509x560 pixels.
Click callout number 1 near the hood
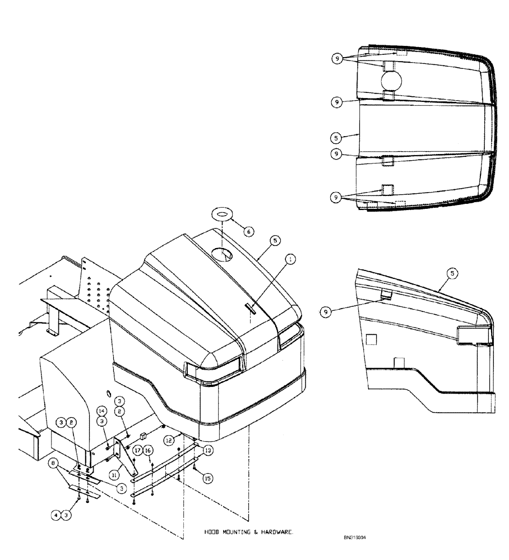[290, 259]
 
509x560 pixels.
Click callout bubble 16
[148, 450]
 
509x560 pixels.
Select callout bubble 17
[137, 450]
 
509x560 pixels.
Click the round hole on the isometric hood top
[225, 255]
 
